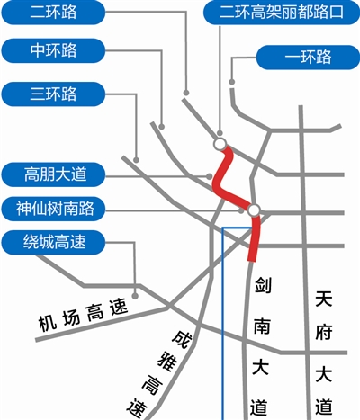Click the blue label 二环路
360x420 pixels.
[53, 12]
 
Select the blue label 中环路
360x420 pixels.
[53, 50]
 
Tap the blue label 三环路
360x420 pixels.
[53, 94]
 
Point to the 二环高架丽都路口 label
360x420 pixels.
[282, 13]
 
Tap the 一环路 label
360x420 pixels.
[308, 57]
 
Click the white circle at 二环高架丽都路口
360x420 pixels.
[220, 144]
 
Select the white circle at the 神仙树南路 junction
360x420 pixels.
[254, 210]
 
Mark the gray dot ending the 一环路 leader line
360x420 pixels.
[232, 82]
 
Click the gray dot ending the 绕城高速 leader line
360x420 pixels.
[135, 296]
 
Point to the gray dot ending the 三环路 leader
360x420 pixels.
[136, 159]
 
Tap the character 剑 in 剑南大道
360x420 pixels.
[263, 285]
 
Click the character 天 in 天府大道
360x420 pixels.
[324, 299]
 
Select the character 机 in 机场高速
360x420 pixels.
[47, 323]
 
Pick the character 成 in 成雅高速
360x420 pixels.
[182, 340]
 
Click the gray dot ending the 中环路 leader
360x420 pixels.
[162, 126]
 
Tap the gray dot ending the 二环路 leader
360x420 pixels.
[186, 93]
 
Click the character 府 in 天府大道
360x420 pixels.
[324, 333]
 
